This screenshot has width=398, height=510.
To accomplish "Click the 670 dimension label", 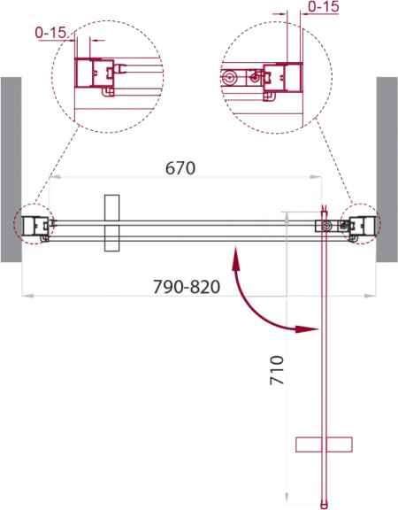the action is click(x=180, y=168).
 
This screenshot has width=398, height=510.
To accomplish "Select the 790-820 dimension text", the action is click(x=187, y=287).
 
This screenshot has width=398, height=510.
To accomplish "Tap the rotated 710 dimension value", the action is click(x=277, y=370).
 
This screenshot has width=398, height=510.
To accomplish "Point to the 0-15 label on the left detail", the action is click(x=50, y=32).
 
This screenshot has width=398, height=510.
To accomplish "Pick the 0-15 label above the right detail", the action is click(x=324, y=6).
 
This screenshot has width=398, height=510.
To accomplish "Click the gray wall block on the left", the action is click(x=11, y=169).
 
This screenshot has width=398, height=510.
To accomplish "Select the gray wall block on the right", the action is click(x=387, y=169).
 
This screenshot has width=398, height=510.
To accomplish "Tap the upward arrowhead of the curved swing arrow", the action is click(x=236, y=259).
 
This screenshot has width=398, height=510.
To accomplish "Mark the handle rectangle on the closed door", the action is click(x=111, y=223).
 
